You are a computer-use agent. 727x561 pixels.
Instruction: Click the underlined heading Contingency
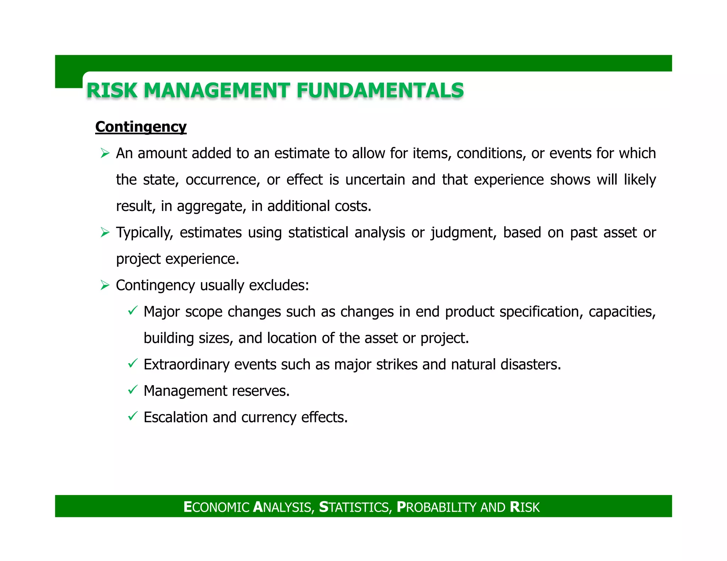tap(141, 127)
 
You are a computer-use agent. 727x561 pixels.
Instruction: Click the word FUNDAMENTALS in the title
tap(380, 90)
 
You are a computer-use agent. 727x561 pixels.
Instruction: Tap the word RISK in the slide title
tap(112, 90)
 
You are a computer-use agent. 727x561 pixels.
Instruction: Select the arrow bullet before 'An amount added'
tap(105, 153)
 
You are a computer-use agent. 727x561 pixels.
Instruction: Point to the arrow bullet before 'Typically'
tap(105, 233)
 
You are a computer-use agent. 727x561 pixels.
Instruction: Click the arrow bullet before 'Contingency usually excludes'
tap(105, 285)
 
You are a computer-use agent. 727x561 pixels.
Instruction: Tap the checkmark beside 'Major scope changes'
tap(132, 311)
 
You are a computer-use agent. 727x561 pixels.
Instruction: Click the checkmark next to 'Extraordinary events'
tap(132, 363)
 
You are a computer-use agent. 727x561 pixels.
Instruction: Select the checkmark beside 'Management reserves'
tap(132, 390)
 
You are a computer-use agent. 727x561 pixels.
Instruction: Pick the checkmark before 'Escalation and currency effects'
tap(132, 416)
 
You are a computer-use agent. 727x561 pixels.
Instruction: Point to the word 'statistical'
tap(318, 233)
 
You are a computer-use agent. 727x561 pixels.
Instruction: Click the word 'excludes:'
tap(279, 285)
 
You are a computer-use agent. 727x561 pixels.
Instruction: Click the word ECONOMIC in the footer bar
tap(217, 507)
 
